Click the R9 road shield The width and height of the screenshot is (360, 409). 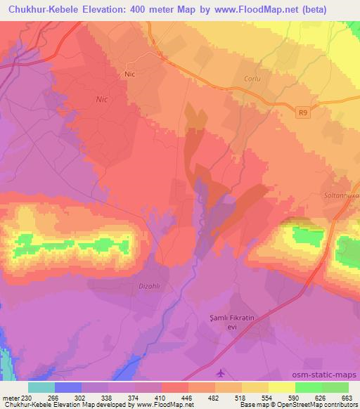click(x=302, y=111)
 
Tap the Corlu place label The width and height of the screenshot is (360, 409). click(x=251, y=79)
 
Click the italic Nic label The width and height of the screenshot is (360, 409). click(x=102, y=100)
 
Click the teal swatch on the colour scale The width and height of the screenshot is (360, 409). click(x=41, y=387)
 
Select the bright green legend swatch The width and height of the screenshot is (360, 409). click(x=308, y=387)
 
